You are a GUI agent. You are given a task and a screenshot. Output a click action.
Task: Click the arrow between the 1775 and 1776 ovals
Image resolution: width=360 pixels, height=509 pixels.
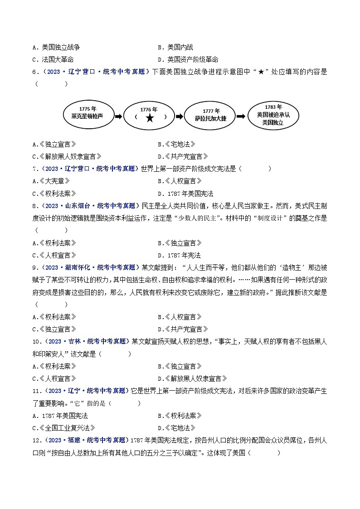coord(117,116)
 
